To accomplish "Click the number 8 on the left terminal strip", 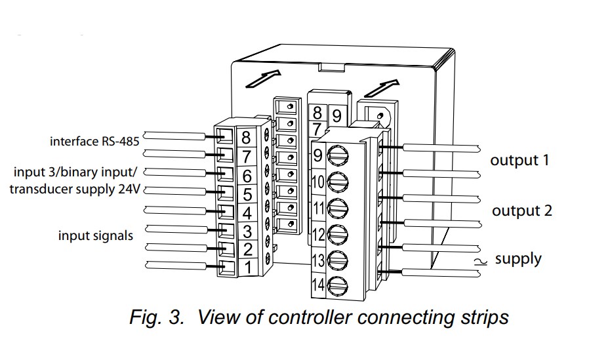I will click(246, 138).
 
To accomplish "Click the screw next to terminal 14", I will click(337, 286).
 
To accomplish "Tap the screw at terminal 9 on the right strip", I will click(337, 156).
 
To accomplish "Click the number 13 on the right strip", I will click(318, 260).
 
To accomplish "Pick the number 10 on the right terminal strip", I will click(318, 182).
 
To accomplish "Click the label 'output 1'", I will click(519, 160).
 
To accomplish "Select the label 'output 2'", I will click(522, 210).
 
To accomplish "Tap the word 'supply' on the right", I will click(518, 258).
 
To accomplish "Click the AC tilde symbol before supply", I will click(485, 260).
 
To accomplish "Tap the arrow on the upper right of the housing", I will click(384, 87).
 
